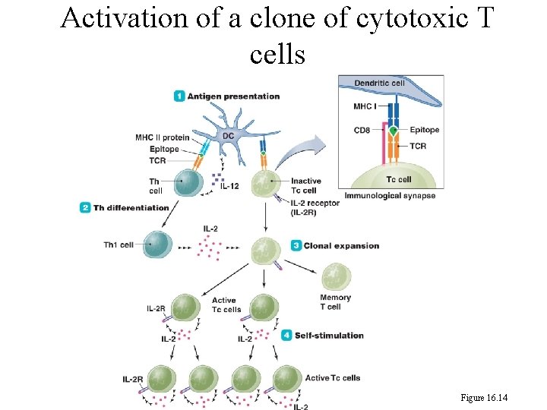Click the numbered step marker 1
179,96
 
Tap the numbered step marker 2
85,207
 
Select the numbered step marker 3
296,245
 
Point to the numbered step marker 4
286,335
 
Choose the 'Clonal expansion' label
341,245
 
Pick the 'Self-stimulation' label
329,335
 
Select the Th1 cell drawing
158,244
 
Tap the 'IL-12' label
230,186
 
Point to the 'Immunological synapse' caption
390,196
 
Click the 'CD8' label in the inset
362,130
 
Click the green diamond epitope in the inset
393,131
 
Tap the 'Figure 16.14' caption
484,397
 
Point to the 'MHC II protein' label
163,137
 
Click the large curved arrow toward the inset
300,151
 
